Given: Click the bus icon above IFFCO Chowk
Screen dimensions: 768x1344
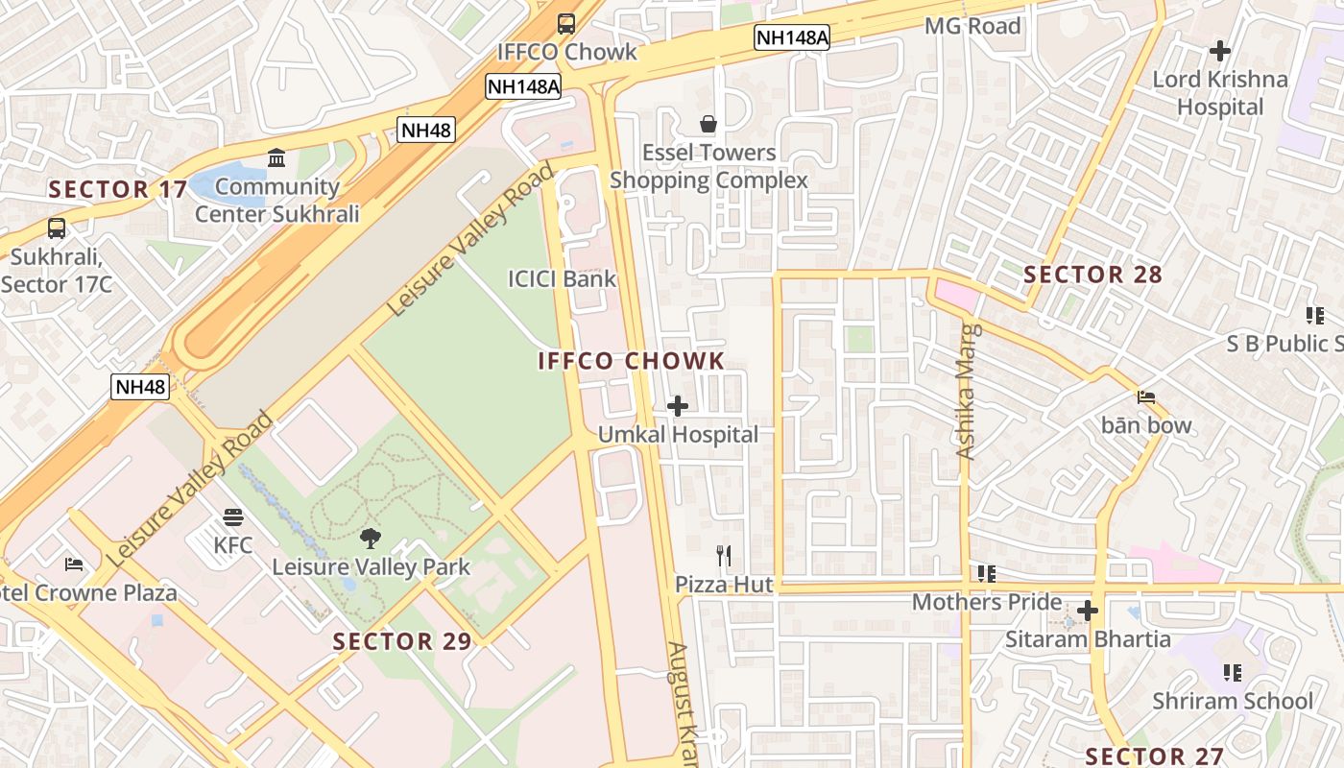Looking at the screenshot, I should click(566, 23).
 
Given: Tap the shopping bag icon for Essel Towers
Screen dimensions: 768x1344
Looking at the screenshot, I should click(708, 124).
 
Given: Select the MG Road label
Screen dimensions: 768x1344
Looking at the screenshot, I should click(972, 26).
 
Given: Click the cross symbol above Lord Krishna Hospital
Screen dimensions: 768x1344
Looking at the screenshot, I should click(1220, 50).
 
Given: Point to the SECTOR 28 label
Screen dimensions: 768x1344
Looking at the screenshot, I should click(1092, 276).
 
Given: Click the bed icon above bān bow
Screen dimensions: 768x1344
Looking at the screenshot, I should click(1145, 397).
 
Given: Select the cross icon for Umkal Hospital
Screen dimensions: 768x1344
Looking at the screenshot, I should click(678, 406).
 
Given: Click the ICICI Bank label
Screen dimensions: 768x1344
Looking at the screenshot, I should click(562, 279).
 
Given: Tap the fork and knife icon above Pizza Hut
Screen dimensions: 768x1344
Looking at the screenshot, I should click(724, 555).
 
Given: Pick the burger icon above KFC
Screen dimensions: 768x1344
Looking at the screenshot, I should click(232, 518).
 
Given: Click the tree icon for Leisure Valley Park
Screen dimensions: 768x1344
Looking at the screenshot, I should click(371, 539).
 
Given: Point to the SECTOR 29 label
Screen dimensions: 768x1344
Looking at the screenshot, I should click(402, 641).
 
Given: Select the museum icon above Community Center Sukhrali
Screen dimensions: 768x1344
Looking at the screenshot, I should click(276, 158).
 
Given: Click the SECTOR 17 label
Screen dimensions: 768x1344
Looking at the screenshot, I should click(118, 190).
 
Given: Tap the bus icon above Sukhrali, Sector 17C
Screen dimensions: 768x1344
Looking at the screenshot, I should click(57, 228).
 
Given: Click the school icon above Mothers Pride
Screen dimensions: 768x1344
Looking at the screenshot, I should click(986, 574).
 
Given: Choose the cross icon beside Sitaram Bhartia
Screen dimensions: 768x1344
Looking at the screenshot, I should click(1087, 611).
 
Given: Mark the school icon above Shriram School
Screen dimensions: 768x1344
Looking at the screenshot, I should click(1233, 673).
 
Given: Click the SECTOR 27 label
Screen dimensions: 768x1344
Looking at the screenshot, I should click(1155, 756).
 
